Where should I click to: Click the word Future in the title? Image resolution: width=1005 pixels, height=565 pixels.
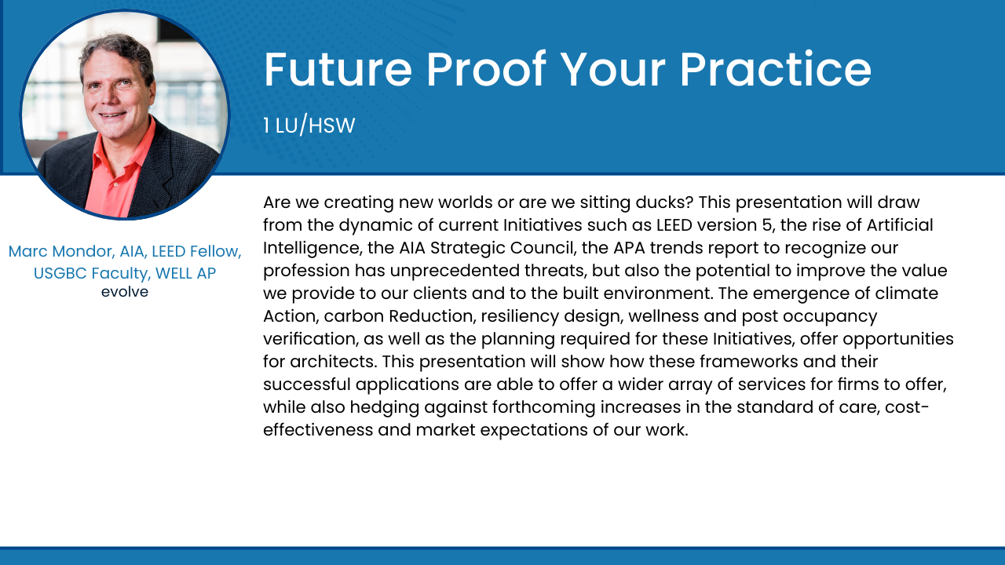[338, 70]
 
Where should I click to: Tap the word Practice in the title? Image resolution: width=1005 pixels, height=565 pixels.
[776, 70]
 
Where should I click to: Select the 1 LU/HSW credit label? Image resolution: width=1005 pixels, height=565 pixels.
[309, 125]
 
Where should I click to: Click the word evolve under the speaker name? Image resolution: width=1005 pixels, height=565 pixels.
[125, 292]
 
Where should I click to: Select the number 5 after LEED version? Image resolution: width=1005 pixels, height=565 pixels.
[767, 225]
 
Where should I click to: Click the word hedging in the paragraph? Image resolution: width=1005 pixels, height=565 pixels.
[385, 407]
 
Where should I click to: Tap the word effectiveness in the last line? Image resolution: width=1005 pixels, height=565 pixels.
[318, 430]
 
